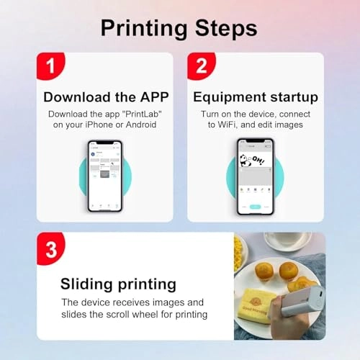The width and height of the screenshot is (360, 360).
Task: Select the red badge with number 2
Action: click(201, 66)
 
